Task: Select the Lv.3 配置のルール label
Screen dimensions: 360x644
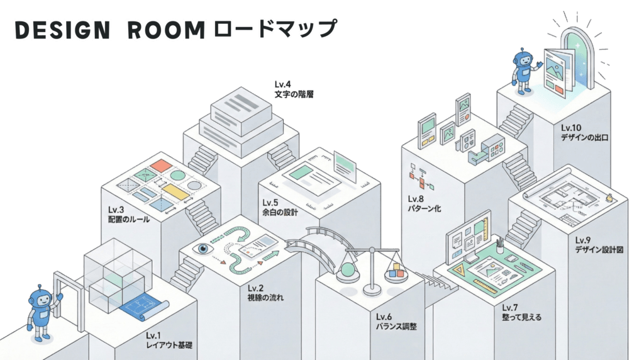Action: [128, 214]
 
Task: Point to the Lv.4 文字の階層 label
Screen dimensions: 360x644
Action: [294, 89]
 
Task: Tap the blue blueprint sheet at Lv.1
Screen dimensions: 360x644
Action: [144, 308]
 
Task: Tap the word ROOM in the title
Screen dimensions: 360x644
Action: [166, 30]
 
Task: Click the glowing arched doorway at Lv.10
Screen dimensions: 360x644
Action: [576, 57]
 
